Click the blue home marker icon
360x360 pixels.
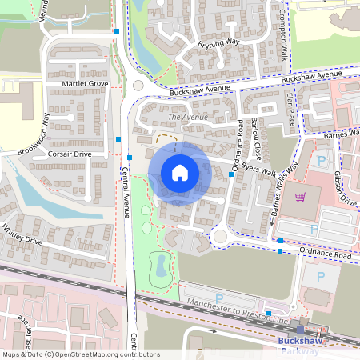pyautogui.click(x=180, y=172)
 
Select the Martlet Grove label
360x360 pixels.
pyautogui.click(x=84, y=83)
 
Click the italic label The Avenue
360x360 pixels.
pyautogui.click(x=187, y=118)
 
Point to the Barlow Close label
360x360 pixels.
pyautogui.click(x=257, y=136)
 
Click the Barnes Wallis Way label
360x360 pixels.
pyautogui.click(x=284, y=191)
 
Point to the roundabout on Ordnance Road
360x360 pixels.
pyautogui.click(x=220, y=235)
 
